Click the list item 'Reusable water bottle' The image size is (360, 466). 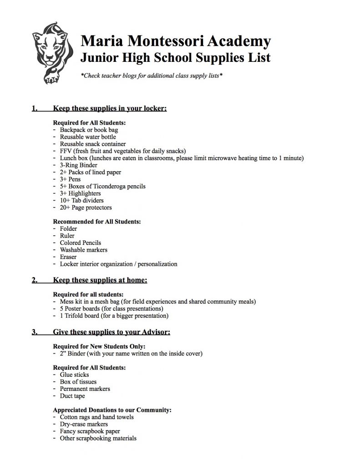(88, 137)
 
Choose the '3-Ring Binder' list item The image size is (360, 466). (78, 165)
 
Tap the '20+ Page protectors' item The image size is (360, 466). (86, 208)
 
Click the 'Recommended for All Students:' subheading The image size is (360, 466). (97, 222)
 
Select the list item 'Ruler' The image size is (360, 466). (67, 236)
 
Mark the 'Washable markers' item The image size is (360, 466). (84, 250)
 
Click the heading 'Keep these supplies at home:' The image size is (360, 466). (100, 280)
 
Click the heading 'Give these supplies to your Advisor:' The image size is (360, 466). (112, 332)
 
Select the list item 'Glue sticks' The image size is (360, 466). (74, 375)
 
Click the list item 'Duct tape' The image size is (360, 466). (72, 396)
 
